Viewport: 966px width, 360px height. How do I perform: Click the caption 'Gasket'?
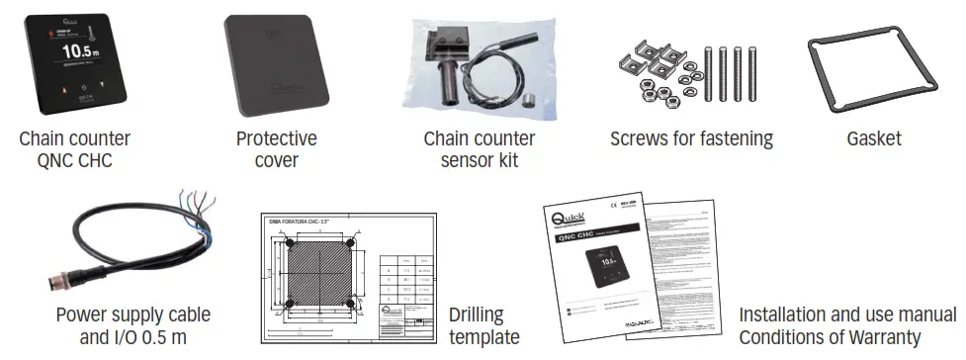(x=875, y=139)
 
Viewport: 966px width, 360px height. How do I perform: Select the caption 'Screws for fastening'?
(x=691, y=139)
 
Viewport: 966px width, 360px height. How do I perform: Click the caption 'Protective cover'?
(x=277, y=149)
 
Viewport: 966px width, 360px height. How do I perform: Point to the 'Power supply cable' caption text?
(x=133, y=315)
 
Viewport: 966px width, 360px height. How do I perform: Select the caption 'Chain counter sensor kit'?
(x=480, y=149)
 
